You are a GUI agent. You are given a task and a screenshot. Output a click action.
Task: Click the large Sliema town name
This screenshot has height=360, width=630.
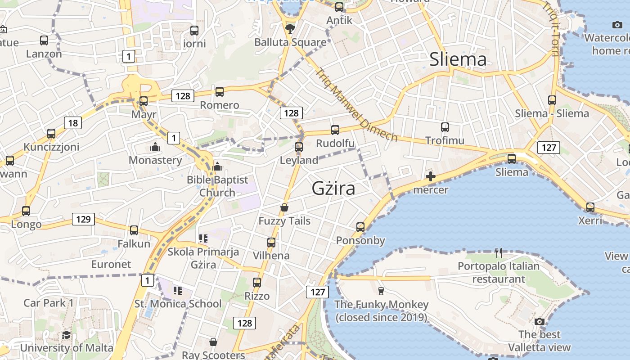458,59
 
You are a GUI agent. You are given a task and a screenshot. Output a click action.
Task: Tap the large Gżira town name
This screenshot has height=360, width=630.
333,188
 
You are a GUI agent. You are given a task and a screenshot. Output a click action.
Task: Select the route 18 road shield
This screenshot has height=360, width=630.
73,123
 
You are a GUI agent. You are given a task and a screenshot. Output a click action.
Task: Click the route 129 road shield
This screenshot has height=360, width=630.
83,219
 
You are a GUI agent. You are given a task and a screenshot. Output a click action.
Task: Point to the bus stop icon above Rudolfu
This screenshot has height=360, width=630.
335,130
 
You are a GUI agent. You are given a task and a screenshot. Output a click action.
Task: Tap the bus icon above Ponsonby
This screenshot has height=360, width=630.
360,227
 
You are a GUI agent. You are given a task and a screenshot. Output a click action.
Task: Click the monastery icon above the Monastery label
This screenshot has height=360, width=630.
155,147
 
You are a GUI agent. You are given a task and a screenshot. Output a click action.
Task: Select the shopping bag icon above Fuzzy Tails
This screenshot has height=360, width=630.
284,207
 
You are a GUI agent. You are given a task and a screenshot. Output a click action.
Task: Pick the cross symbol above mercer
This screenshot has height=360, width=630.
431,176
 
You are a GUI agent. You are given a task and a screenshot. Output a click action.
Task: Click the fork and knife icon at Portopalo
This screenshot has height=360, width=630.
499,252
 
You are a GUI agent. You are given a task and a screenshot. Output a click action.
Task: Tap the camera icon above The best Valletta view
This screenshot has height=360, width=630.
540,321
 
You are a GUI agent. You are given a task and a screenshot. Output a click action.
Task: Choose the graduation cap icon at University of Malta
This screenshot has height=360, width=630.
66,335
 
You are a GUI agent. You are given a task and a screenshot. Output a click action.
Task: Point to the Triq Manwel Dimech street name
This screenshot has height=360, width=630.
356,104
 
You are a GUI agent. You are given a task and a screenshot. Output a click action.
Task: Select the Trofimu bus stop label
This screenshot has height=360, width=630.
445,140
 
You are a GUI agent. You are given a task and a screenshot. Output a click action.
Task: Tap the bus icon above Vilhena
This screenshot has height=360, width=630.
271,243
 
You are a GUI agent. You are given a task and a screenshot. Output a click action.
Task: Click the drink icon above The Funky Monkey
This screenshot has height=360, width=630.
381,291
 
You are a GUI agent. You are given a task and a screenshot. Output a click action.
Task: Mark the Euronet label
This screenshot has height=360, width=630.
111,264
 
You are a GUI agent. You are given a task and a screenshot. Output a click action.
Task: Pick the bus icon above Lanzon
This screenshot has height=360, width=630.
44,40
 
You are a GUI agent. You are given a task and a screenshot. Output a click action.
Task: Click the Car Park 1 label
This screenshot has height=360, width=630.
49,303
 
